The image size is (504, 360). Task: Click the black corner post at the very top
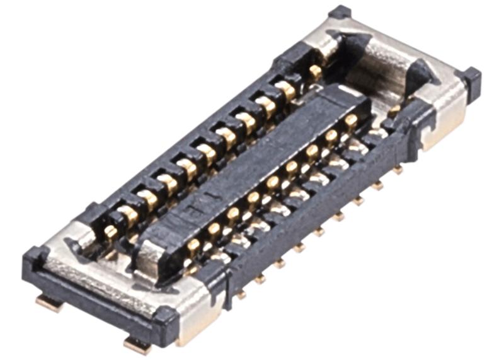click(340, 11)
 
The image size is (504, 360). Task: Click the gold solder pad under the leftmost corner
click(49, 303)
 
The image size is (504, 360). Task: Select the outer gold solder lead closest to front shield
click(240, 293)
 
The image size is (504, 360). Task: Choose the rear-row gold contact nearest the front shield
click(111, 232)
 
